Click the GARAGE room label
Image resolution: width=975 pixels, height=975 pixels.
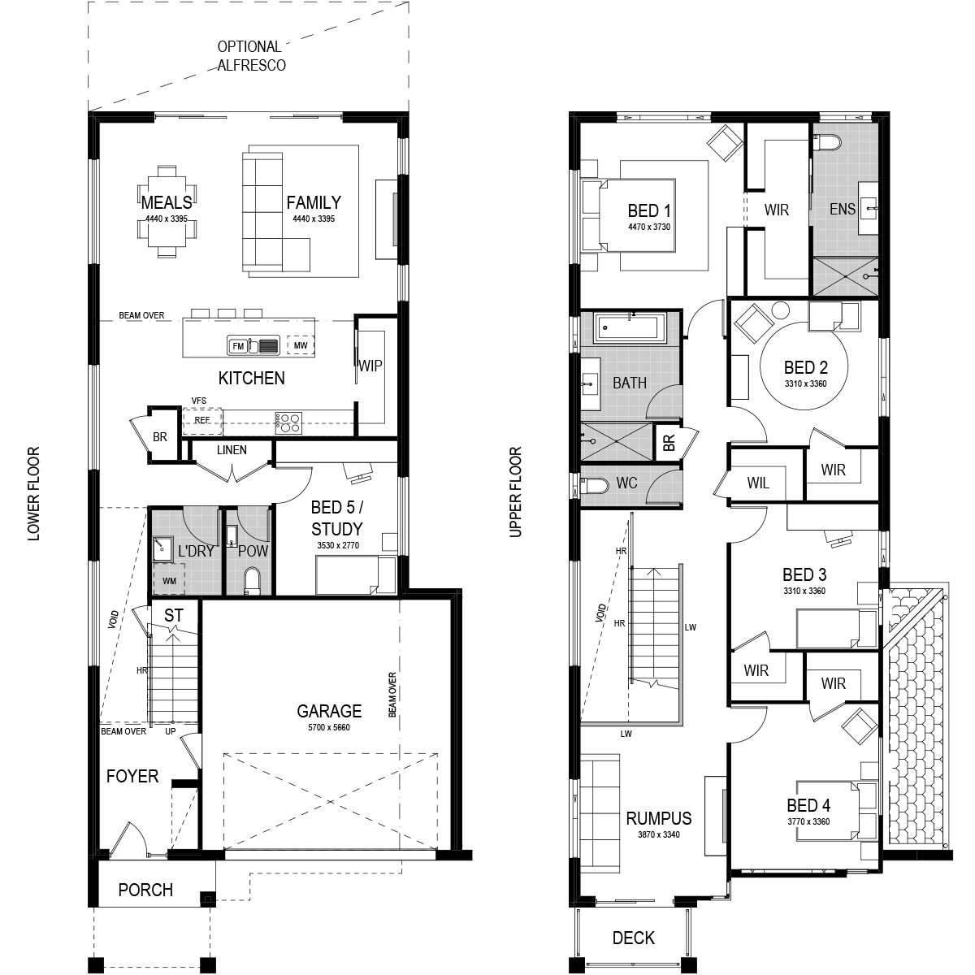(x=329, y=711)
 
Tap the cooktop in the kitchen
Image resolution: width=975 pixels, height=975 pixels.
(x=288, y=423)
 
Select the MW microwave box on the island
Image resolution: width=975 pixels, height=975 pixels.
(x=301, y=345)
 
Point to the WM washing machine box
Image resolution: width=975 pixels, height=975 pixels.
(x=169, y=581)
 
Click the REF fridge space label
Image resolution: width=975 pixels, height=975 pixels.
(x=202, y=420)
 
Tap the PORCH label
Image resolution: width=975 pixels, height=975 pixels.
(x=145, y=890)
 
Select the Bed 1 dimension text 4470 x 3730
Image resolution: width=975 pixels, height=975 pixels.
(x=649, y=227)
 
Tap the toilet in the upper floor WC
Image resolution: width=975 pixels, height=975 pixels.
(x=593, y=486)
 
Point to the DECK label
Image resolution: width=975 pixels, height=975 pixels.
(x=634, y=938)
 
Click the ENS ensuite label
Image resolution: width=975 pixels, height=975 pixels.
(x=843, y=209)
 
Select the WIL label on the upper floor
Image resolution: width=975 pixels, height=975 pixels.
(x=758, y=483)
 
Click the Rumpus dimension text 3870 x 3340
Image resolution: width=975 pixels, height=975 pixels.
(x=659, y=834)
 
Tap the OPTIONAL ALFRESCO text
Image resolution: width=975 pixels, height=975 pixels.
(x=251, y=56)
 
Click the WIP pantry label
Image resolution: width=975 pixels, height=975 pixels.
(x=370, y=366)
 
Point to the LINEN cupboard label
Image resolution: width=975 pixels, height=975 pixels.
(x=232, y=450)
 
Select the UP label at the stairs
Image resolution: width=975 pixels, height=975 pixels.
(x=171, y=731)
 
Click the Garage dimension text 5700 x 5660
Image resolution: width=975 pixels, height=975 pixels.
(x=329, y=727)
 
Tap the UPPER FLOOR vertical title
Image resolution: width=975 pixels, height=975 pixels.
(x=515, y=492)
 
